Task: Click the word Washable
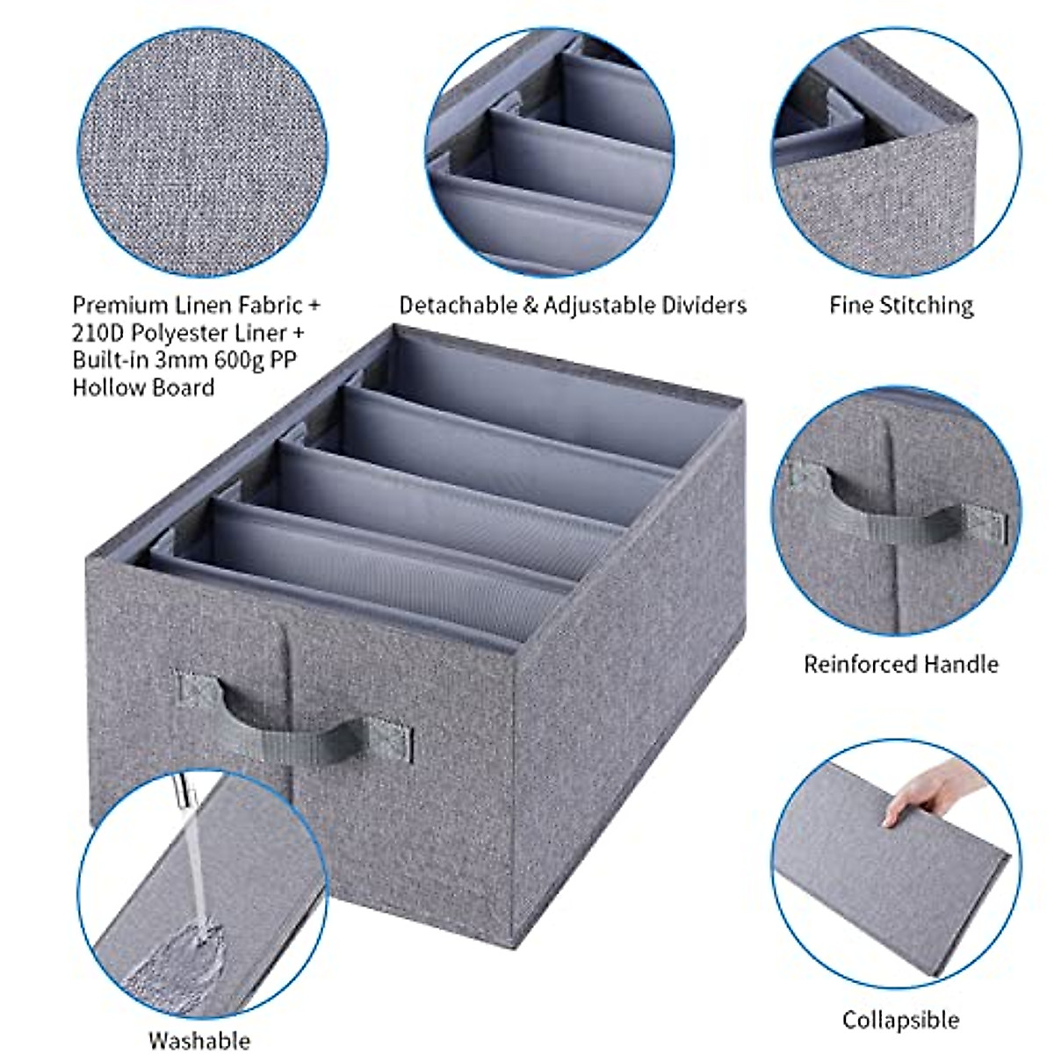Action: (199, 1040)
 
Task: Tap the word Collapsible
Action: (900, 1020)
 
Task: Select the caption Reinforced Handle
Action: (901, 663)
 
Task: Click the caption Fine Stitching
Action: (901, 306)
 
